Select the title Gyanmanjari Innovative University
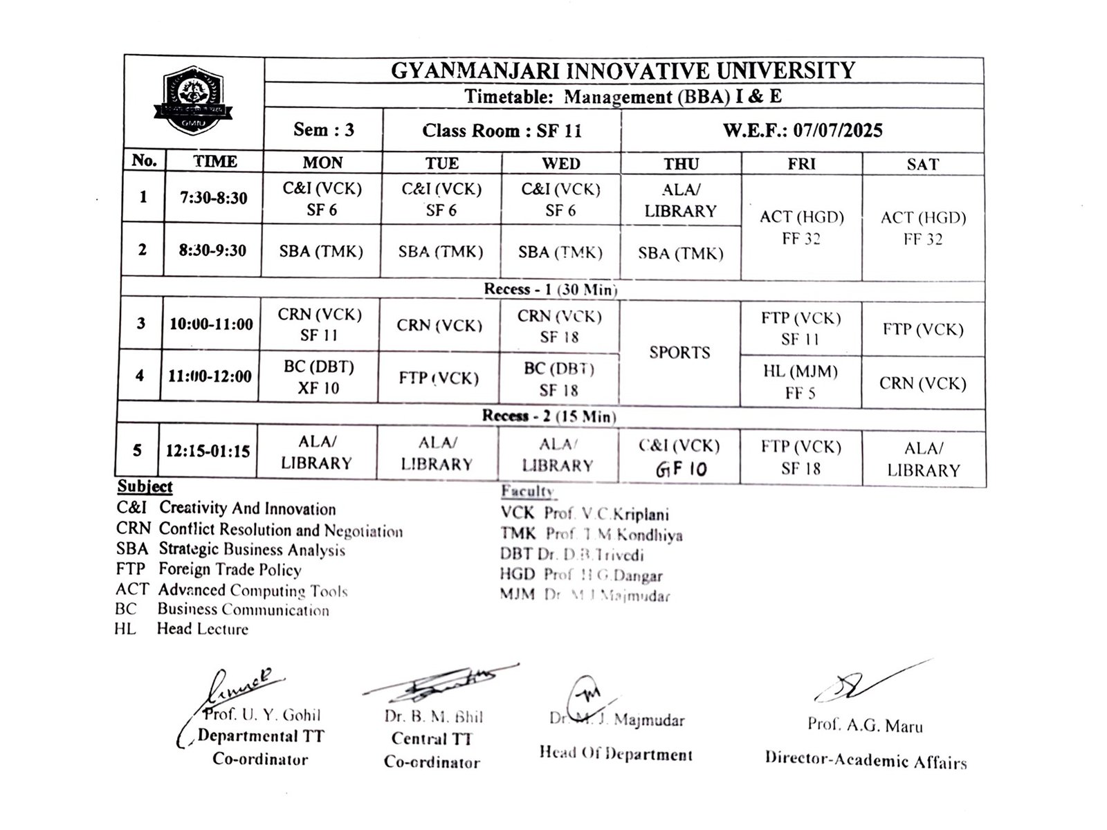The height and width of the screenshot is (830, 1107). (x=623, y=71)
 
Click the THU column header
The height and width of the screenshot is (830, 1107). (x=681, y=164)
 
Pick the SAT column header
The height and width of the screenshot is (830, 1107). (x=923, y=165)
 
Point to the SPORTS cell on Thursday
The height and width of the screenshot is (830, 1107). (x=679, y=353)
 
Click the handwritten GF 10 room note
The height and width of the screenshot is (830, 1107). (x=681, y=470)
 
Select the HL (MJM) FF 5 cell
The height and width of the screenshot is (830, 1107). (x=800, y=382)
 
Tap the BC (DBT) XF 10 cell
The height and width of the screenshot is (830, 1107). (x=318, y=378)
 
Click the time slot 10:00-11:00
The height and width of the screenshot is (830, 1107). (x=211, y=324)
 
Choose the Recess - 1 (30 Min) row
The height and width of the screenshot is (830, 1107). (x=550, y=289)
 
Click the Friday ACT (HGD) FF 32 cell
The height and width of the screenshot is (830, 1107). (x=801, y=228)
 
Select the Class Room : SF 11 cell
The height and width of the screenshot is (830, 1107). (x=502, y=131)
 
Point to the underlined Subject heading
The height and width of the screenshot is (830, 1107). (x=145, y=486)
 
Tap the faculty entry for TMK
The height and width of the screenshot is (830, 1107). (x=591, y=534)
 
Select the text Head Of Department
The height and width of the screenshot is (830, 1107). (x=616, y=754)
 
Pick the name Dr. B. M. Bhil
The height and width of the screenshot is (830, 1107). (x=434, y=717)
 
